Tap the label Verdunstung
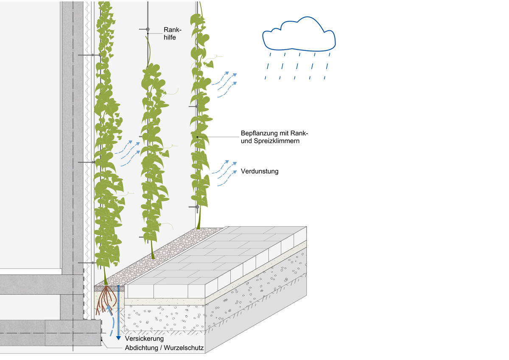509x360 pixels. coord(260,172)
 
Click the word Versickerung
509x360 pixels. coord(144,339)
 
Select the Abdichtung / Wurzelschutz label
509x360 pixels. coord(165,348)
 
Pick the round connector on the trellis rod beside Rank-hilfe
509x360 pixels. coord(148,30)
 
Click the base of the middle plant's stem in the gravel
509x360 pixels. coord(153,256)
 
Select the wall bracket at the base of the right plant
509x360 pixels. coord(196,207)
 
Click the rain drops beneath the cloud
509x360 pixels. coord(297,65)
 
